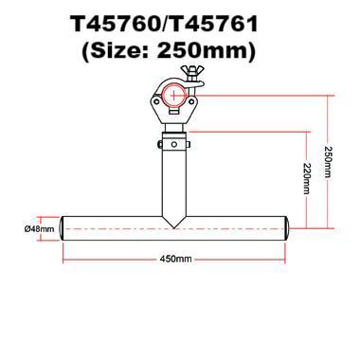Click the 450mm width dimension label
click(x=177, y=259)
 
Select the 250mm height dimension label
click(x=328, y=162)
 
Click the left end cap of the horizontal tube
click(x=63, y=229)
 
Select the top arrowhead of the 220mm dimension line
click(x=305, y=134)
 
